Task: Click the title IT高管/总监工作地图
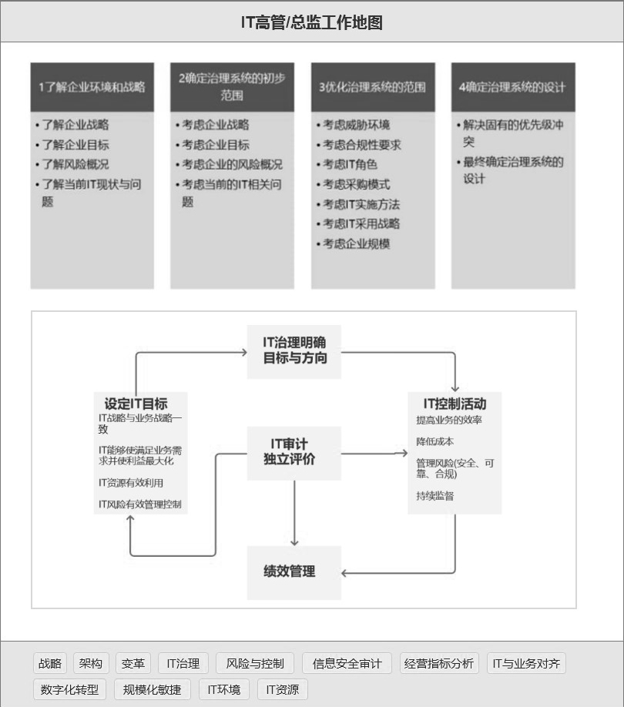click(311, 22)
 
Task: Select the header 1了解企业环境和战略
click(92, 87)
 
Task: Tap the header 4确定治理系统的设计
click(513, 87)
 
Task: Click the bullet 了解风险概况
click(75, 165)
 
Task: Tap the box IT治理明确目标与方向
click(294, 352)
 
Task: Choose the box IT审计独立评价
click(294, 453)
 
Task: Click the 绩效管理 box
click(294, 572)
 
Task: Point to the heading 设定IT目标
click(136, 404)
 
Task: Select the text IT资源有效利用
click(131, 483)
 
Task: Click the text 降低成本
click(434, 441)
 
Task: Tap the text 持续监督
click(434, 496)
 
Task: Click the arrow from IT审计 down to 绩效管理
click(294, 513)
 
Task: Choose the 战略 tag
click(50, 663)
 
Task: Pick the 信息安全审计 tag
click(347, 663)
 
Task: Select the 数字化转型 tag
click(69, 689)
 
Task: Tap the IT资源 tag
click(282, 689)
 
